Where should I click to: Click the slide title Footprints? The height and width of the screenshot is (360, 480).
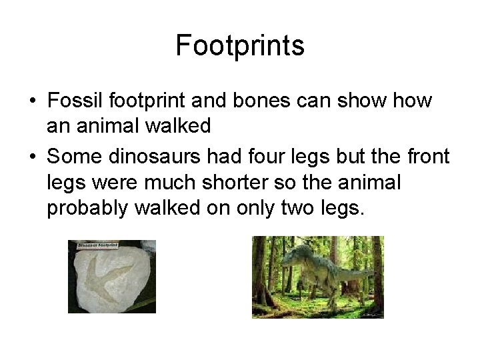click(240, 45)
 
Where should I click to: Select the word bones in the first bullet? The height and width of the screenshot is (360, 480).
click(262, 101)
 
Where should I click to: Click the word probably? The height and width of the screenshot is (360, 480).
click(87, 207)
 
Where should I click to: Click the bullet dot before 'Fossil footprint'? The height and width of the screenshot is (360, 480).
click(32, 102)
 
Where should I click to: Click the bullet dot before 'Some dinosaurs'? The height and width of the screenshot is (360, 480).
click(32, 157)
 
